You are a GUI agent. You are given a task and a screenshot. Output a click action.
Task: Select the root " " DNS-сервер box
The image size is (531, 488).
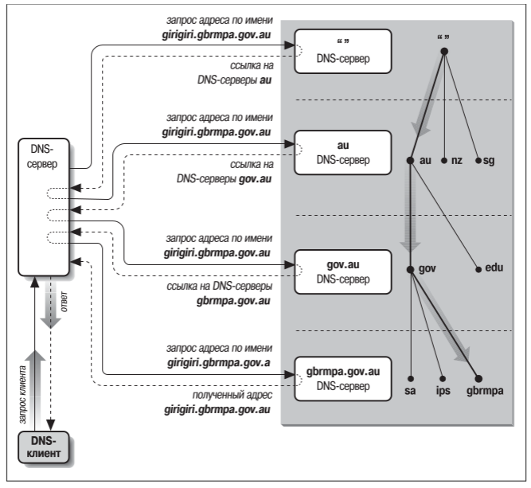coord(342,50)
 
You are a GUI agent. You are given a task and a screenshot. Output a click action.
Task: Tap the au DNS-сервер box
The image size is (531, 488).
coord(342,153)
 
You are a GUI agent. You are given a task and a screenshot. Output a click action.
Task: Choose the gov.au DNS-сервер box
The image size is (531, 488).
coord(342,271)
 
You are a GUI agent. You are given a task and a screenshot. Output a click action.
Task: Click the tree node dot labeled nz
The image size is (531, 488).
coord(443,161)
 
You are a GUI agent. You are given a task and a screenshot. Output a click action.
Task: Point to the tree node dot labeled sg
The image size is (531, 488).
coord(478,161)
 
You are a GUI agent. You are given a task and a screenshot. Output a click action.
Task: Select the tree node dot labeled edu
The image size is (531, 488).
coord(478,269)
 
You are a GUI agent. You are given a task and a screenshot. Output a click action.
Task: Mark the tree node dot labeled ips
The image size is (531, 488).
coord(443,377)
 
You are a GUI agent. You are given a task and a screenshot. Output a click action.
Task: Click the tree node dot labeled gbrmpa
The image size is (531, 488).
coord(478,377)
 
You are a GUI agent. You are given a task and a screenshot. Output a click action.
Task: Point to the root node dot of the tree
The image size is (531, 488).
coord(443,52)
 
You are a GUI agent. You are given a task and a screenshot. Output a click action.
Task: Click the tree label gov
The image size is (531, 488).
coord(428,269)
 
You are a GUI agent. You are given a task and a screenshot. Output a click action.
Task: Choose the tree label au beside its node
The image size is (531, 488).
coord(425,161)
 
